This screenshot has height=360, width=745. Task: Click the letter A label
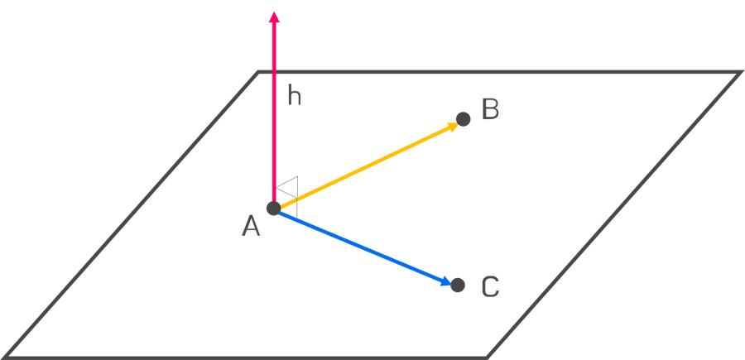(252, 225)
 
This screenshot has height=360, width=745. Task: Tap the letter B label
(489, 110)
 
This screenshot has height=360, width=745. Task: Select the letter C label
(490, 287)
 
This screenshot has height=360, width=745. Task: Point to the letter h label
(295, 98)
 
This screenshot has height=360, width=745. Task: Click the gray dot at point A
(272, 208)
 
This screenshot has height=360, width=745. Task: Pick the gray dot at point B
(464, 120)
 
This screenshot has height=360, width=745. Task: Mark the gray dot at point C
(458, 286)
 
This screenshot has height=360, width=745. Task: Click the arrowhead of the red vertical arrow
(274, 15)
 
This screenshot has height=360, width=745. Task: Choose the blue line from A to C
(360, 246)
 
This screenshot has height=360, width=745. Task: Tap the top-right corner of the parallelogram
(739, 74)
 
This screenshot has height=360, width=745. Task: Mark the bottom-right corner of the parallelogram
(490, 356)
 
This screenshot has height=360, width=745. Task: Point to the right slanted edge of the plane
(614, 215)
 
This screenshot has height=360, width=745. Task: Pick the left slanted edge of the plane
(132, 215)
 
